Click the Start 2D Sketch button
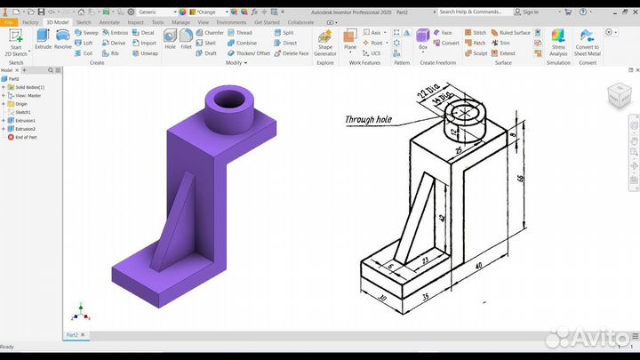click(x=16, y=40)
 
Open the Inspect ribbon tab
click(x=135, y=21)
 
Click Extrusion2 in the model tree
click(x=26, y=129)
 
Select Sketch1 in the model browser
click(x=23, y=112)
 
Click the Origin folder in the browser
click(x=21, y=104)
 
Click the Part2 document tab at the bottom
click(x=75, y=334)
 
